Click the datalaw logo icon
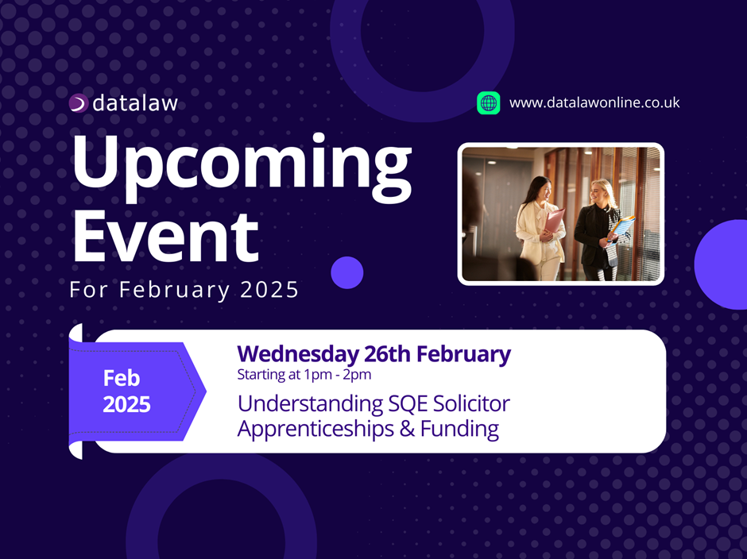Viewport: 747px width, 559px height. click(x=79, y=103)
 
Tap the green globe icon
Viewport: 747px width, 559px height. click(x=488, y=103)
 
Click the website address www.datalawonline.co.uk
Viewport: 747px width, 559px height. click(x=594, y=102)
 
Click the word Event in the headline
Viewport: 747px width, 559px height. click(x=165, y=237)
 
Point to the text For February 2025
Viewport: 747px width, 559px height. click(x=184, y=290)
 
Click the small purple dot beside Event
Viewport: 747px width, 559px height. click(x=347, y=272)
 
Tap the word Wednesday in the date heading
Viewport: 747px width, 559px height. click(x=298, y=354)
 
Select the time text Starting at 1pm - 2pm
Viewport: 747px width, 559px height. click(x=304, y=374)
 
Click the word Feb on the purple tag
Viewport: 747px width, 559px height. click(x=122, y=378)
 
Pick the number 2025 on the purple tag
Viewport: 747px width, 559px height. click(x=126, y=405)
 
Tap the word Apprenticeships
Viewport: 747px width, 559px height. click(x=315, y=429)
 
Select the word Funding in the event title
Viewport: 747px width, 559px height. click(x=459, y=429)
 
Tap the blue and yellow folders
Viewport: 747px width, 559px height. click(x=621, y=226)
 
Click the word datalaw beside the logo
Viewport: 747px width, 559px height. click(x=135, y=103)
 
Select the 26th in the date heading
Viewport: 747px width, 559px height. click(x=387, y=354)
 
